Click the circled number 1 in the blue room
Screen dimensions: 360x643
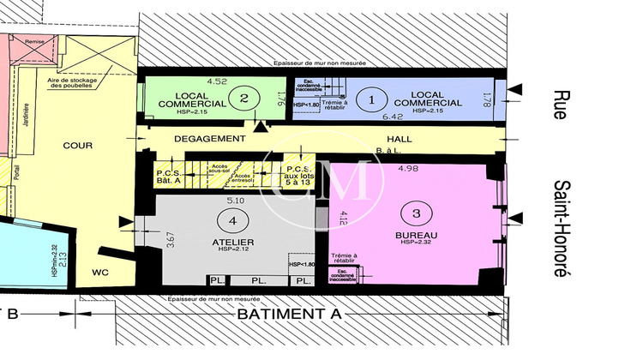[371, 99]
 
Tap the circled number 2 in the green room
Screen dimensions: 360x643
[244, 99]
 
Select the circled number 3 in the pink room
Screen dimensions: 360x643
[416, 213]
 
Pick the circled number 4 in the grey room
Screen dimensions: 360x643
[231, 221]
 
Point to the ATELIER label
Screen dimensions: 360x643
[231, 241]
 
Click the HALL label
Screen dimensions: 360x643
[400, 138]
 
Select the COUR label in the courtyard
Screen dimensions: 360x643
[78, 145]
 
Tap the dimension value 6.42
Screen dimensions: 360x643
[392, 116]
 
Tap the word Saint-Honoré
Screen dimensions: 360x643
[562, 228]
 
